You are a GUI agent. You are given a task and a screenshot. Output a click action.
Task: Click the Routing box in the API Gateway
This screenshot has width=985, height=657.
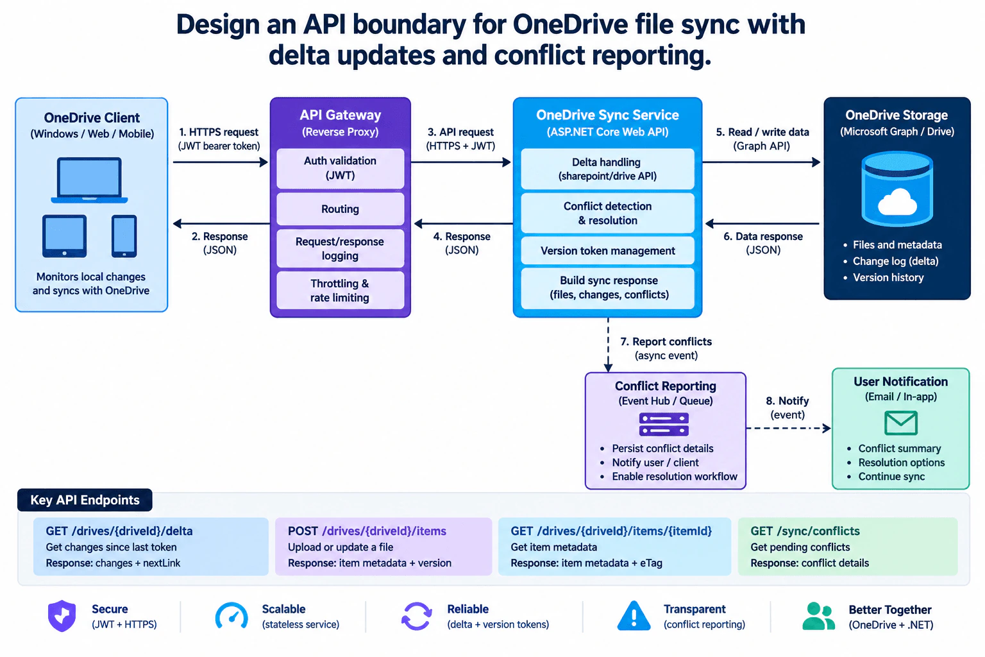point(340,209)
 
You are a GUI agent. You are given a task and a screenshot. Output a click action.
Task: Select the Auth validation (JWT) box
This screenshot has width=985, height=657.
point(340,168)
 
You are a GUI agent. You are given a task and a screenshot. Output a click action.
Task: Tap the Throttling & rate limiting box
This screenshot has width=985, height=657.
point(340,291)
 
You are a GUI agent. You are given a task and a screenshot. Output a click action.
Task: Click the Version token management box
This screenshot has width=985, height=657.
point(607,251)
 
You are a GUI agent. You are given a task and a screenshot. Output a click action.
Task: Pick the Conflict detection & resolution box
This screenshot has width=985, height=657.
point(607,214)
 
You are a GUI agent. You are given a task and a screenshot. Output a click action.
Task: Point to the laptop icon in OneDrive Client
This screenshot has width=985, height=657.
point(89,180)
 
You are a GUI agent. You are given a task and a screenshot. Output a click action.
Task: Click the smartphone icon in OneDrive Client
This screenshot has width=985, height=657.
point(124,236)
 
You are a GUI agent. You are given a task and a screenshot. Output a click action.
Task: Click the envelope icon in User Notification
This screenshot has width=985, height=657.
point(900,422)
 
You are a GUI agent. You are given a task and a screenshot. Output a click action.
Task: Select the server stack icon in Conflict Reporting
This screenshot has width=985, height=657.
point(664,424)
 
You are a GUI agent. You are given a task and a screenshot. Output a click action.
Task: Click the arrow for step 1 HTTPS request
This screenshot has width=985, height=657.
point(221,162)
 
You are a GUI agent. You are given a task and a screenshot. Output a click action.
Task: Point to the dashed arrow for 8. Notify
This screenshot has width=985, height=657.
point(788,428)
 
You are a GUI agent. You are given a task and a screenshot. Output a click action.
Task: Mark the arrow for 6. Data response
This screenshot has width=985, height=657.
point(762,223)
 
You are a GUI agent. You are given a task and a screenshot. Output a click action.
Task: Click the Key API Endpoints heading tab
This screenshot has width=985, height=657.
point(85,500)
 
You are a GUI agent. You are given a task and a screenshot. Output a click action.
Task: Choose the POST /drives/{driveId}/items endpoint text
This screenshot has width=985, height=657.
point(367,531)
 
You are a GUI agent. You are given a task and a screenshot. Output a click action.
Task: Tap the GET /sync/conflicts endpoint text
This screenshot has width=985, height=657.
point(805,531)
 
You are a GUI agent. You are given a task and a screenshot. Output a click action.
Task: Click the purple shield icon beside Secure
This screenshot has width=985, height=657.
point(62,616)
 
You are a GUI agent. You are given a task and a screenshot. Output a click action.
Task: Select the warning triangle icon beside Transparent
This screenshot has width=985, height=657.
point(634,616)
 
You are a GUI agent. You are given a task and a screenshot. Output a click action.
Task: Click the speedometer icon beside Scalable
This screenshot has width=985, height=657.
point(232,615)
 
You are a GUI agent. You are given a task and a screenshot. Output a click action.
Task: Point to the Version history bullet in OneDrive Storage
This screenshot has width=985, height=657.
point(888,277)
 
